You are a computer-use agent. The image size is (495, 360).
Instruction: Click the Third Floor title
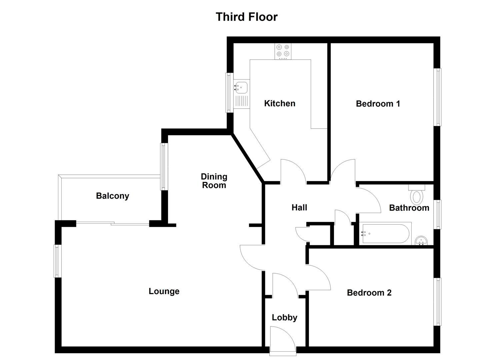click(x=246, y=17)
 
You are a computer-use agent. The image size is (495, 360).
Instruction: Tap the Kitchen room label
click(x=279, y=103)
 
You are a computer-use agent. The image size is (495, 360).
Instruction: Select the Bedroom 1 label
click(x=378, y=104)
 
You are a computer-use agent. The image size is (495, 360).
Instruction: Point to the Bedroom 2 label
click(x=369, y=293)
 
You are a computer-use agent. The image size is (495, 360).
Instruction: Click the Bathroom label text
click(x=409, y=208)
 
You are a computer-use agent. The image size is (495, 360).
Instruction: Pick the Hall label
click(x=299, y=207)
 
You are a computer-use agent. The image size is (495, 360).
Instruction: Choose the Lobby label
click(x=284, y=317)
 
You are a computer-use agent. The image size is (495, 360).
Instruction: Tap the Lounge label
click(x=164, y=291)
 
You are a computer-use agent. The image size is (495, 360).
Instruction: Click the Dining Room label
click(x=214, y=181)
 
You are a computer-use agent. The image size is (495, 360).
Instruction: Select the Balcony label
click(x=112, y=196)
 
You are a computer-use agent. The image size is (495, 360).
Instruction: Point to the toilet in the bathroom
click(x=416, y=196)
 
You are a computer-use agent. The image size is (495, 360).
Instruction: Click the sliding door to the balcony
click(x=112, y=224)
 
